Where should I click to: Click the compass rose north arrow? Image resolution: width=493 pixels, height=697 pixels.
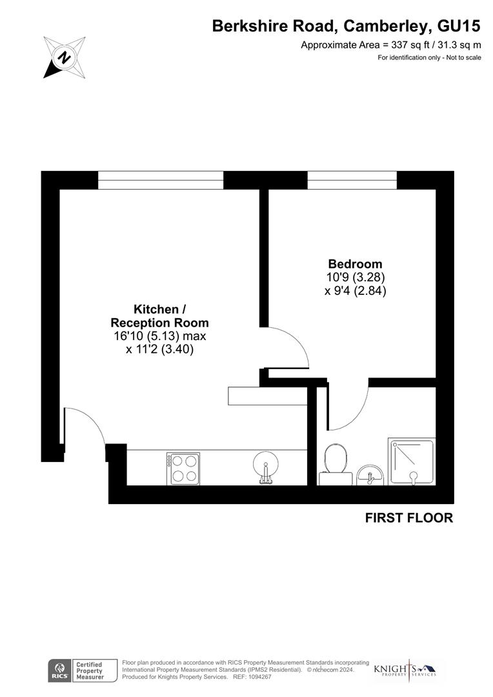[x=65, y=57]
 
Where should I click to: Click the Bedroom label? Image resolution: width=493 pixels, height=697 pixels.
[x=355, y=264]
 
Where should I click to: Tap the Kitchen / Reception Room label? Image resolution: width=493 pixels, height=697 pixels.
[x=160, y=316]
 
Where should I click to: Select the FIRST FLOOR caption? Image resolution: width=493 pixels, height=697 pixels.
[x=409, y=518]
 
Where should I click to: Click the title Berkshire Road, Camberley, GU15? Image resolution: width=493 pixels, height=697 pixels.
[x=347, y=26]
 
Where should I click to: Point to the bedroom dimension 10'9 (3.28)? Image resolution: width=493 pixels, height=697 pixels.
[x=355, y=278]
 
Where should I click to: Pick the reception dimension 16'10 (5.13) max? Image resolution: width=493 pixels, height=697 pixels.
[x=159, y=336]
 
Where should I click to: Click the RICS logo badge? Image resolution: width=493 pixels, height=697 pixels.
[x=59, y=670]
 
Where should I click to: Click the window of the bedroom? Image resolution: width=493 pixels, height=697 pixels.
[x=352, y=180]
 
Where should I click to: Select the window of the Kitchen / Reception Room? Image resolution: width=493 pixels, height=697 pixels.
[x=160, y=180]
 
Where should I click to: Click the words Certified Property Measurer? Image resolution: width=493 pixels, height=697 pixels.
[x=90, y=671]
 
